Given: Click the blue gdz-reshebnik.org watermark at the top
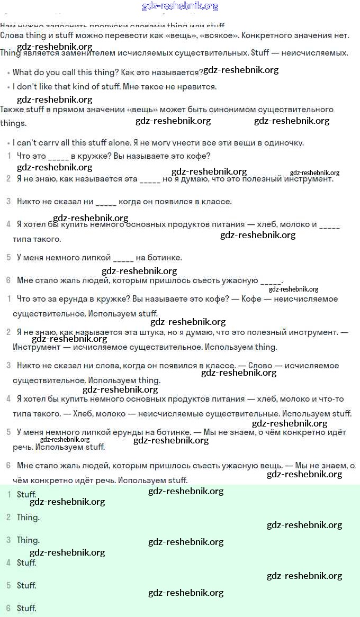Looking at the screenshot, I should (x=181, y=6).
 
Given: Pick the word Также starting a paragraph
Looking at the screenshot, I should (x=11, y=110).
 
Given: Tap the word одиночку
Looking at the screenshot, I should (x=285, y=143).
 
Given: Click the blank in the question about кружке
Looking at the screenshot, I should (x=58, y=156).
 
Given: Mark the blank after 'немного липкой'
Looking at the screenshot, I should (x=123, y=258).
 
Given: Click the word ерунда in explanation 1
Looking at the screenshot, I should (x=67, y=299).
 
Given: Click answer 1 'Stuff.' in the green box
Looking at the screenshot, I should (x=26, y=495).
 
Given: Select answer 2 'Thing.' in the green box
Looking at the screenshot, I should (x=28, y=518).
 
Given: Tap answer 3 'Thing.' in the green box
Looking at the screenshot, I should (x=28, y=540).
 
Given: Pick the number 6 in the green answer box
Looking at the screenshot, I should (x=8, y=609).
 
